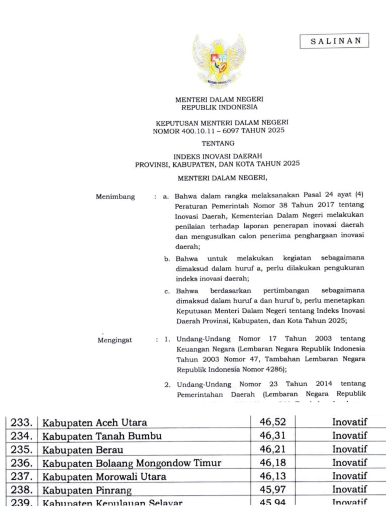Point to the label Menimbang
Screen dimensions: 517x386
click(115, 198)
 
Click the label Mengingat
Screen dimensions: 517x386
click(115, 340)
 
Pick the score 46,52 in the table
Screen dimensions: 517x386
click(271, 422)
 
